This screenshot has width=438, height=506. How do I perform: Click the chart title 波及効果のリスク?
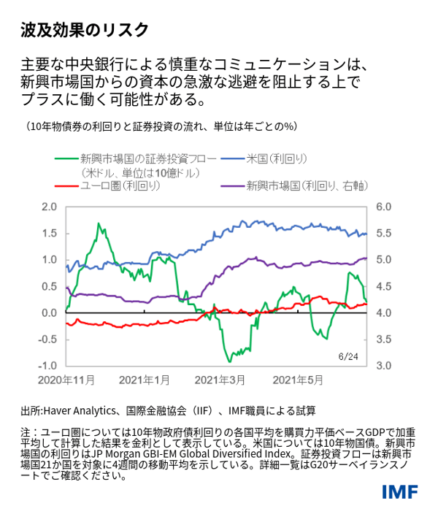coord(85,29)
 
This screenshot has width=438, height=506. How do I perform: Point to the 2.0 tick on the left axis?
coord(48,207)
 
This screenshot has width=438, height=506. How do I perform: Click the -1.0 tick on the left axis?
coord(47,365)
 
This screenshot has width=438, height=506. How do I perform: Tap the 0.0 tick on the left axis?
coord(48,313)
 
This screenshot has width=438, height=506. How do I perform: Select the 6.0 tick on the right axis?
coord(385,207)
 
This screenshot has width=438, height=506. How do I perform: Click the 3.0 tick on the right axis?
coord(385,365)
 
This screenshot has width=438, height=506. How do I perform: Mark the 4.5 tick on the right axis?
coord(385,286)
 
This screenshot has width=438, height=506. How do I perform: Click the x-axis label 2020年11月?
coord(66,380)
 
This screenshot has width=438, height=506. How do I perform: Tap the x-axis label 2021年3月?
coord(220,380)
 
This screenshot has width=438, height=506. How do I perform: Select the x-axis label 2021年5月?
coord(297,380)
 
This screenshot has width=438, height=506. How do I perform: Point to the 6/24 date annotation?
coord(349,356)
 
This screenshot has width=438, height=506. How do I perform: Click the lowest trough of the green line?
coord(230,361)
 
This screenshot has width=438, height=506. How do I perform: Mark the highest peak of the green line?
coord(97,223)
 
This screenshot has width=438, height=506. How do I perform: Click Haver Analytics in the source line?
coord(77,410)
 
